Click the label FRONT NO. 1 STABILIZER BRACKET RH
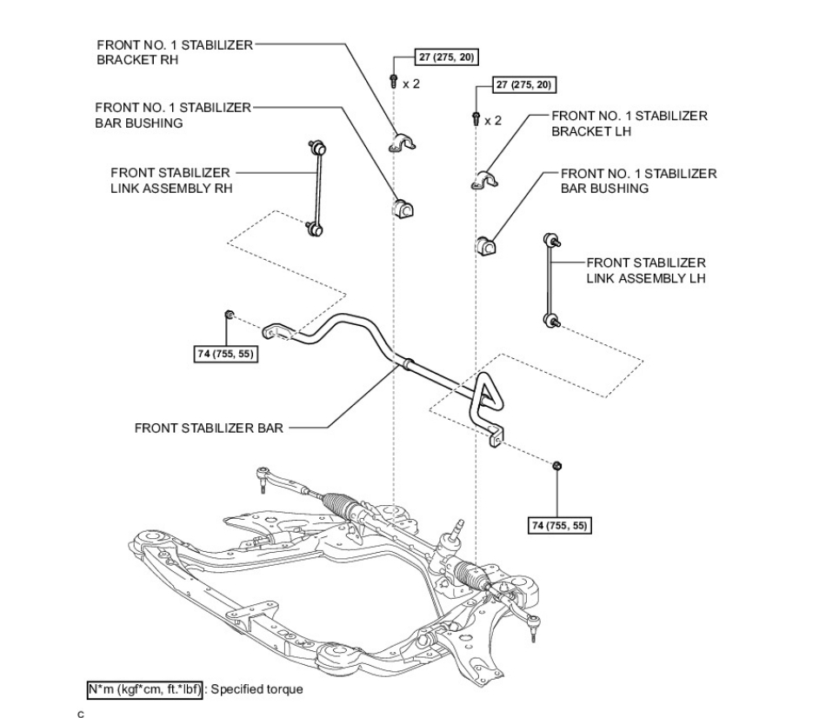[x=175, y=52]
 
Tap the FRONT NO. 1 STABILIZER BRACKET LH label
[x=629, y=123]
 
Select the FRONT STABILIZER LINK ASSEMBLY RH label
[x=171, y=181]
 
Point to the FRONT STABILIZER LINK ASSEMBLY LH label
[x=646, y=270]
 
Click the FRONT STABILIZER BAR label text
[x=209, y=428]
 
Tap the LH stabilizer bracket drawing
[x=484, y=180]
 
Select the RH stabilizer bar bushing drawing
[x=403, y=208]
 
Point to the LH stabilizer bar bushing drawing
[x=487, y=246]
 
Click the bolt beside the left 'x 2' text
[x=394, y=81]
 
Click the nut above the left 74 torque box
[x=229, y=315]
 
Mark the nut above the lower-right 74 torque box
[x=556, y=465]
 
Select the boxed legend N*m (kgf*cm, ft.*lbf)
[x=145, y=689]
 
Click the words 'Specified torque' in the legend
[x=257, y=689]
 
